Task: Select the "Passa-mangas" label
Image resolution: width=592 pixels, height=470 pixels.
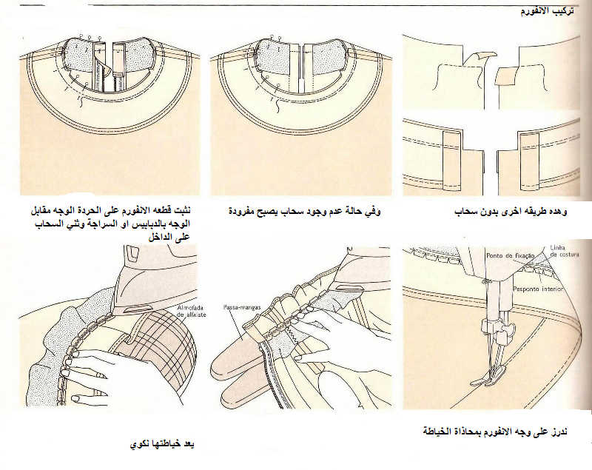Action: (239, 306)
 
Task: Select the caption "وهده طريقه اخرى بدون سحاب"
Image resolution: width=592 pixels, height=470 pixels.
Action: (522, 212)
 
